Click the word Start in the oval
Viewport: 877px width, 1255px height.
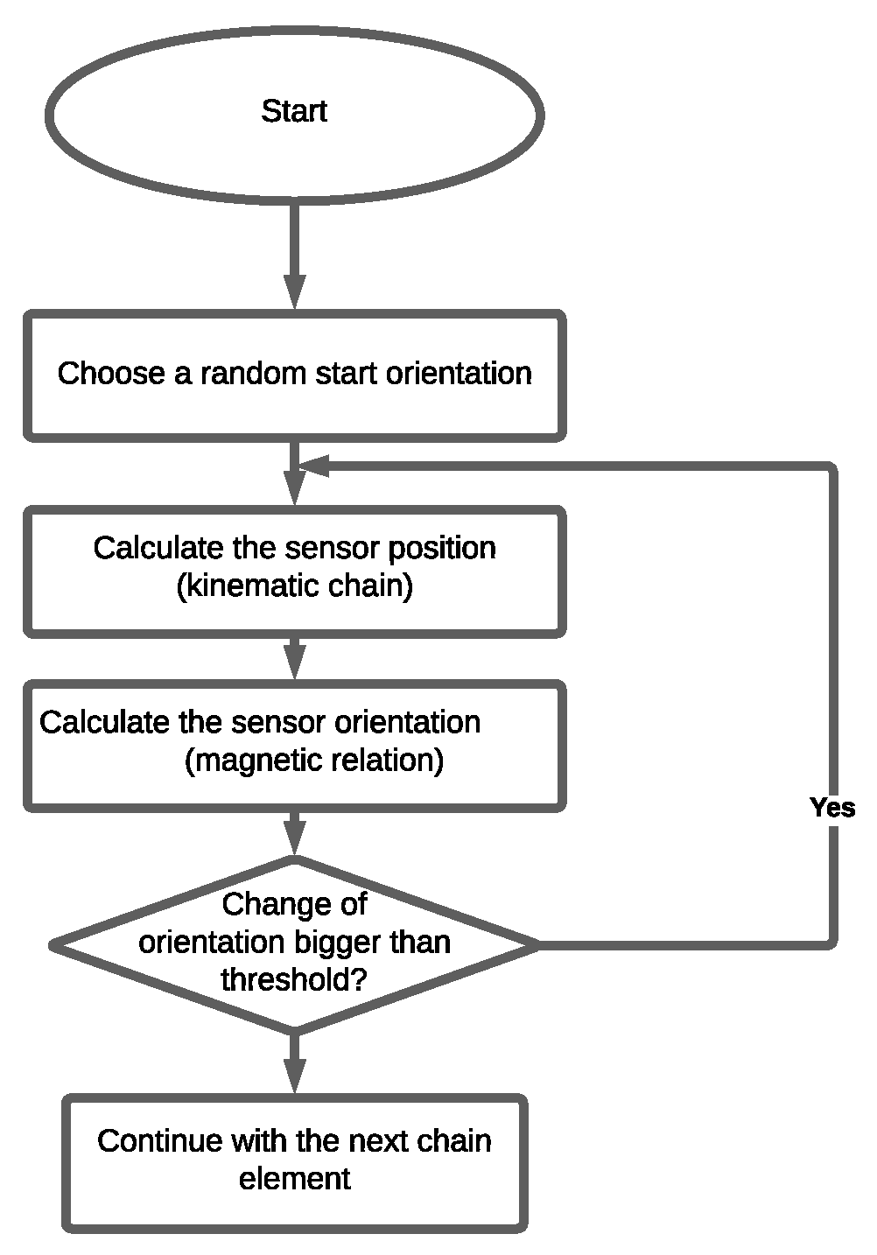click(294, 111)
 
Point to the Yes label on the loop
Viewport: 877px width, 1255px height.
click(831, 807)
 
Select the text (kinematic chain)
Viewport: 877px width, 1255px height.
click(295, 585)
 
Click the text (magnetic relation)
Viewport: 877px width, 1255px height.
click(314, 760)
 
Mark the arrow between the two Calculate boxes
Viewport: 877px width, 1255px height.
click(295, 657)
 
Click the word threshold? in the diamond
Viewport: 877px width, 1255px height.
click(294, 979)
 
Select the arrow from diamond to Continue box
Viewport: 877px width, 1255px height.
click(295, 1063)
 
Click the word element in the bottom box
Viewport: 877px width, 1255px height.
click(295, 1179)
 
